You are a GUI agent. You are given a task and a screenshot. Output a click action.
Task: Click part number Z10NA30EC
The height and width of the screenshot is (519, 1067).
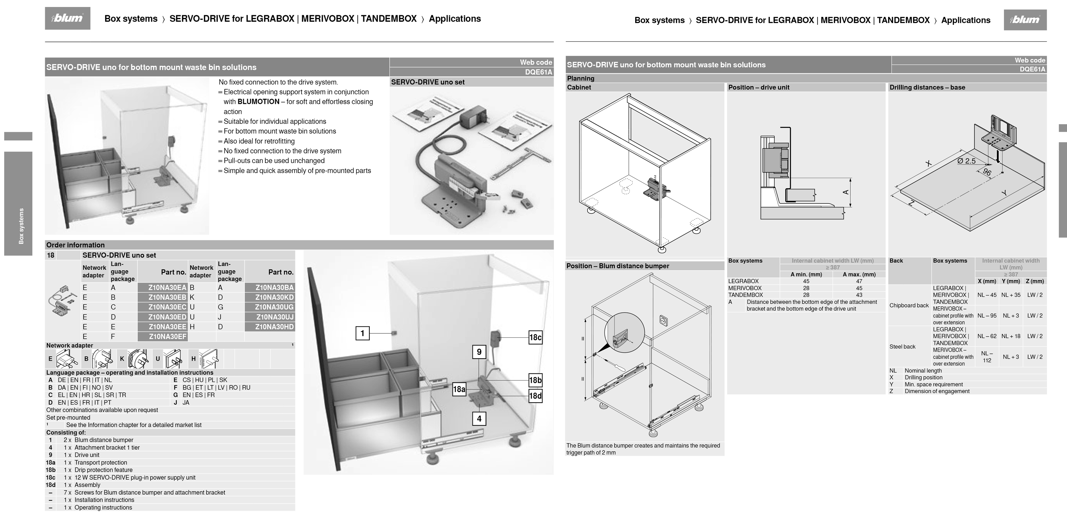coord(167,307)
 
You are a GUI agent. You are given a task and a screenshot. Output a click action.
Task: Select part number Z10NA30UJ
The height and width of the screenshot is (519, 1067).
coord(274,317)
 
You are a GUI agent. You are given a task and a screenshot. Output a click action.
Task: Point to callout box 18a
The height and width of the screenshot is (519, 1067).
coord(459,389)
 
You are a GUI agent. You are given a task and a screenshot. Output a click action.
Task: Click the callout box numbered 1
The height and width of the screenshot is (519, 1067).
coord(362,333)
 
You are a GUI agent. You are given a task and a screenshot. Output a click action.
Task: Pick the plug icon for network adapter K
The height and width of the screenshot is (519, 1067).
coord(138,359)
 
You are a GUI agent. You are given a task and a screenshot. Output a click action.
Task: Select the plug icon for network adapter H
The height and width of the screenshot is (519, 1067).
coord(209,359)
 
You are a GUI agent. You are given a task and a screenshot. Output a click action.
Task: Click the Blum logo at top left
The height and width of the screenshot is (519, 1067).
coord(68,18)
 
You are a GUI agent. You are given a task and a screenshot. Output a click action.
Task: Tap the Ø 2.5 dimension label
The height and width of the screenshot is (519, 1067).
coord(967,161)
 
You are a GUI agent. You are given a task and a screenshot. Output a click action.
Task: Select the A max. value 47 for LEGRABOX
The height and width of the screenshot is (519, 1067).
coord(859,281)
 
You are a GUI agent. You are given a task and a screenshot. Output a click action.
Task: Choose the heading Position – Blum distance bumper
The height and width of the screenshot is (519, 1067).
coord(618,266)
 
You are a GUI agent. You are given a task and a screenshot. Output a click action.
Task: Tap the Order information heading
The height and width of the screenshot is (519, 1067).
coord(75,245)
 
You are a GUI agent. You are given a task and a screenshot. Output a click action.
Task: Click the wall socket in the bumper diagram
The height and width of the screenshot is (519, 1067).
coord(663,320)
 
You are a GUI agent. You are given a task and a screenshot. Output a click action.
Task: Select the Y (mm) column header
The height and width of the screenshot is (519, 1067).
coord(1011,281)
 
